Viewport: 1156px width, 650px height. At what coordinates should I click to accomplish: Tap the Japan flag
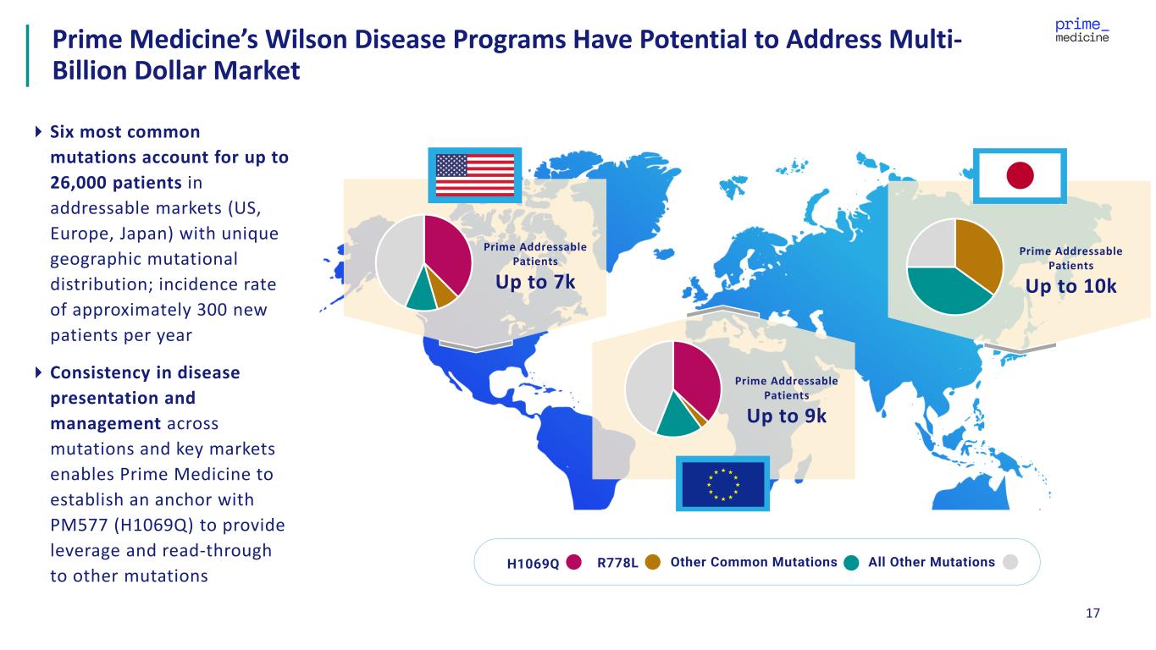point(1020,176)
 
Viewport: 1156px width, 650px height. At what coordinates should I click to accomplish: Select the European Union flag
point(722,483)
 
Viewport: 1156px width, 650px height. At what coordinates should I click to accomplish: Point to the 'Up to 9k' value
point(786,416)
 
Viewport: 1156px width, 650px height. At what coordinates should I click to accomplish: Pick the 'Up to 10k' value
point(1070,286)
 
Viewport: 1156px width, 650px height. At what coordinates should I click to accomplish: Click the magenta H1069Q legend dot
point(574,563)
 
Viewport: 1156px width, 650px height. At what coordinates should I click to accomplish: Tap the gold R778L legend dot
point(652,563)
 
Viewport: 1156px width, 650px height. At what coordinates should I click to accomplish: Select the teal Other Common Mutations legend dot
point(852,563)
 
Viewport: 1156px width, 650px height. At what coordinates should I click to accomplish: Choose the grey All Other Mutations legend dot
point(1009,563)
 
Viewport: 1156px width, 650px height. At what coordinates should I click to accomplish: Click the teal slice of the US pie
point(421,295)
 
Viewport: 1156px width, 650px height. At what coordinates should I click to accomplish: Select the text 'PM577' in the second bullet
point(75,525)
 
